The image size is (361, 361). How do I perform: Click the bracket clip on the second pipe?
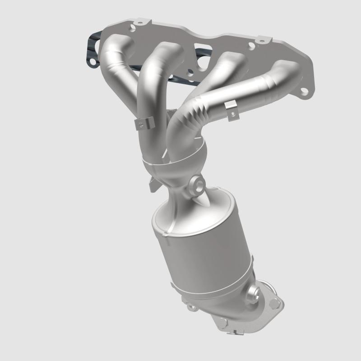click(x=144, y=123)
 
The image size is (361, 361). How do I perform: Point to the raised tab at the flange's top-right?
click(x=260, y=42)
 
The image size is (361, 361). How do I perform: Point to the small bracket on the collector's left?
click(x=153, y=184)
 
